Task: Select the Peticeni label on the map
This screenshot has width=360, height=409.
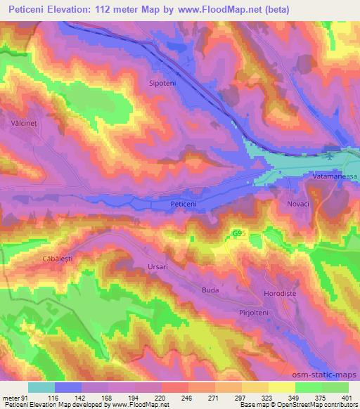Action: pos(186,204)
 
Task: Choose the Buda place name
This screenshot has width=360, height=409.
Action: pos(210,290)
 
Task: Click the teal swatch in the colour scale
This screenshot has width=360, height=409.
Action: pos(41,387)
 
